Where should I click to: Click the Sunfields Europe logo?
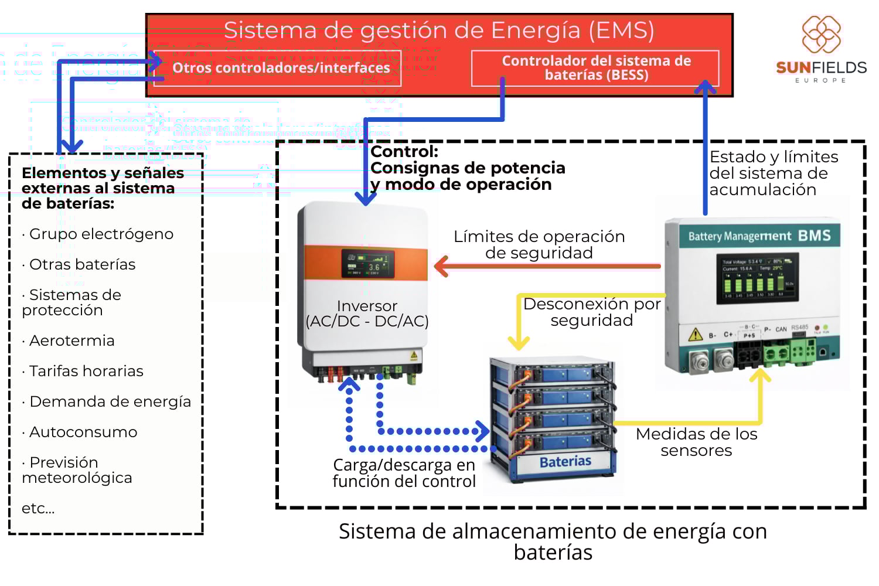(x=821, y=49)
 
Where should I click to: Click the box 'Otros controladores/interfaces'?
(x=281, y=68)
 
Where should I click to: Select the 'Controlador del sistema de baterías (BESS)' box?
(x=595, y=68)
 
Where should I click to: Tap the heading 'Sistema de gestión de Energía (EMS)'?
(x=439, y=30)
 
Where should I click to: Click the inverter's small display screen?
(x=367, y=264)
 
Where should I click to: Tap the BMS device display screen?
(x=757, y=278)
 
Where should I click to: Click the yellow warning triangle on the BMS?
(x=695, y=334)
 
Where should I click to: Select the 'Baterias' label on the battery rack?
(x=565, y=462)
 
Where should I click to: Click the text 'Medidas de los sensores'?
(x=696, y=442)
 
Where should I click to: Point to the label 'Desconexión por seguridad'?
(x=592, y=312)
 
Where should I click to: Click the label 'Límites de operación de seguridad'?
(x=539, y=244)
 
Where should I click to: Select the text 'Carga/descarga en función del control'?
(x=404, y=473)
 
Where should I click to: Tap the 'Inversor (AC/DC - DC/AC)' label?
(x=367, y=314)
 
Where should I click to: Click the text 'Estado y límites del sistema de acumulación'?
(x=774, y=173)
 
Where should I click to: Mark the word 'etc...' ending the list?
(x=38, y=508)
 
